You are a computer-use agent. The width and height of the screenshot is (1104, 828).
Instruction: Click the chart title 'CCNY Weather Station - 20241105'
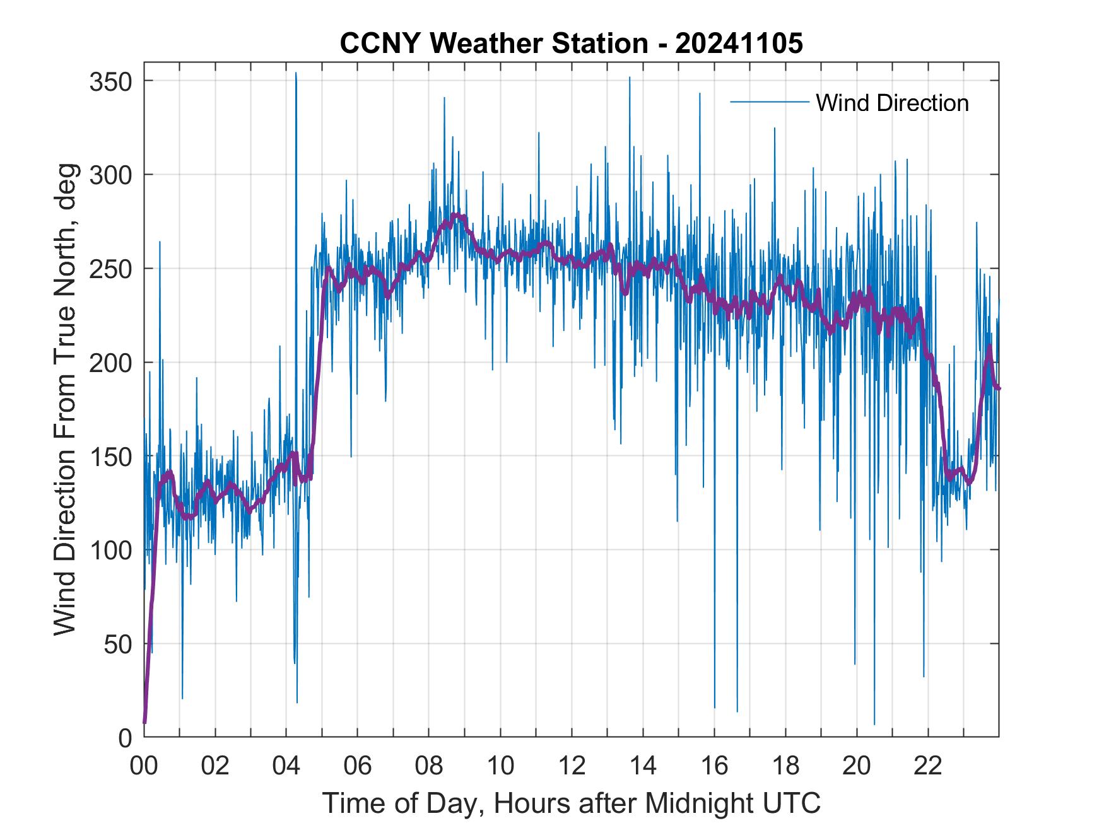(x=571, y=44)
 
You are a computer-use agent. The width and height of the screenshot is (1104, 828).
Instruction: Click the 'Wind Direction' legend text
(x=892, y=103)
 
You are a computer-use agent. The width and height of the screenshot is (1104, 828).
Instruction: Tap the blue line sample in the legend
(x=769, y=102)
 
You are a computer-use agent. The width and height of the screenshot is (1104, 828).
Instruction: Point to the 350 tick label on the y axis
(x=110, y=81)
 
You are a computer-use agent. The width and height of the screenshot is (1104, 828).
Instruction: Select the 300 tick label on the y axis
(x=110, y=175)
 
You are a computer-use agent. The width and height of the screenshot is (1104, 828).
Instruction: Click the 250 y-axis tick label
(x=110, y=269)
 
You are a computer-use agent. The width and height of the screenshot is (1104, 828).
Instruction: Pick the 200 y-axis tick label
(x=110, y=363)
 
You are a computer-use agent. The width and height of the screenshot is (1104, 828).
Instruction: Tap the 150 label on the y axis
(x=110, y=456)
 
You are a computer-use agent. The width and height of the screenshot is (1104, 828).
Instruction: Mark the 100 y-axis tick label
(x=110, y=550)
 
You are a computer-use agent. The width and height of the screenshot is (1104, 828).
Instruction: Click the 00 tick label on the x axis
(x=144, y=766)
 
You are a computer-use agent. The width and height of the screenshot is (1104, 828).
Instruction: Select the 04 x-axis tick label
(x=286, y=766)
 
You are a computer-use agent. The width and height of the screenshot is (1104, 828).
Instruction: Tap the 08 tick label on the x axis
(x=429, y=766)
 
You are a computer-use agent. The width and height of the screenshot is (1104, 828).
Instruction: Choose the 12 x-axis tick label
(x=572, y=766)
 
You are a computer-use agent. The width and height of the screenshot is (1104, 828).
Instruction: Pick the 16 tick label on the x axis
(x=714, y=766)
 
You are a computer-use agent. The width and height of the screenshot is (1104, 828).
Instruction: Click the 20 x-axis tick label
(x=857, y=766)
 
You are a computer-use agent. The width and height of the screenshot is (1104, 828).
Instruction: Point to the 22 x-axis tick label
(x=928, y=766)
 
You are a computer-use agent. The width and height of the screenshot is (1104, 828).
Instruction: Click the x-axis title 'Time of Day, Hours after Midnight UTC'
(x=572, y=803)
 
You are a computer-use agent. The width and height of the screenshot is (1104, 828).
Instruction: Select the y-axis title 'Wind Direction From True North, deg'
(x=65, y=400)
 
